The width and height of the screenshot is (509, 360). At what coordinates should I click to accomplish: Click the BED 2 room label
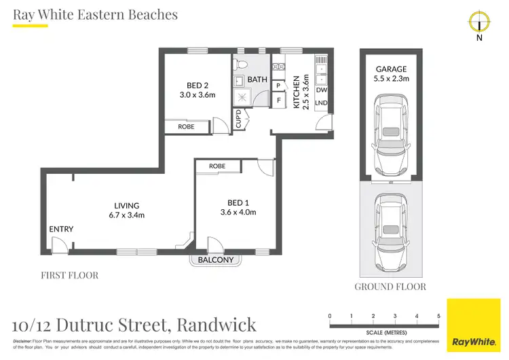(x=197, y=85)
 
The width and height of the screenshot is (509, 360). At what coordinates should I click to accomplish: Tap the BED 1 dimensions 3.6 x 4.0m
(x=235, y=213)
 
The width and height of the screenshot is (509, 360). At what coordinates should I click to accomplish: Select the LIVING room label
(x=126, y=205)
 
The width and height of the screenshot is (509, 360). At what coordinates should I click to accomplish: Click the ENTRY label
(x=61, y=229)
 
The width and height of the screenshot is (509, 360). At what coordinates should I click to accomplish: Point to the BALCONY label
(x=215, y=260)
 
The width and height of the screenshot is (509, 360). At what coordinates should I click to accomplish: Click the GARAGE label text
(x=390, y=69)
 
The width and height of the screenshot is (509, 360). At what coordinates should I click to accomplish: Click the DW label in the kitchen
(x=321, y=90)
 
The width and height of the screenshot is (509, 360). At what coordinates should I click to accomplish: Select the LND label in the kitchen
(x=321, y=102)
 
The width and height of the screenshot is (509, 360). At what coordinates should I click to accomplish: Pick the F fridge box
(x=279, y=101)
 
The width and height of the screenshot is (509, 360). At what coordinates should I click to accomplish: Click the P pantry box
(x=279, y=85)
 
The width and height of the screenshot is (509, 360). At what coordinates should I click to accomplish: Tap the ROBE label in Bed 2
(x=186, y=126)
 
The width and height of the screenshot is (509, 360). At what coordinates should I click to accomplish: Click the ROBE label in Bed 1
(x=217, y=166)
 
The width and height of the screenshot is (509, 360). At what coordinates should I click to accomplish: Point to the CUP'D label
(x=238, y=120)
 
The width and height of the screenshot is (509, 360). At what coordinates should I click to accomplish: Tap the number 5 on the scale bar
(x=439, y=316)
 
